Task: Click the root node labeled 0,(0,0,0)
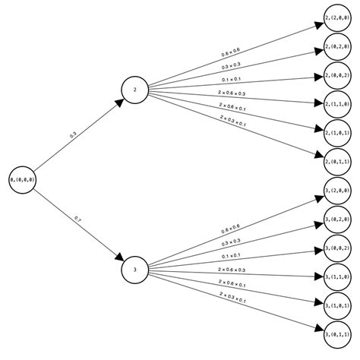coord(22,179)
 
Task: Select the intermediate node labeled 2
coord(134,90)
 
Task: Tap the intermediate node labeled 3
coord(134,269)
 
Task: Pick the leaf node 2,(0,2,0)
coord(336,47)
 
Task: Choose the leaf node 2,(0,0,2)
coord(336,75)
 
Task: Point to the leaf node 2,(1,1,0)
coord(336,104)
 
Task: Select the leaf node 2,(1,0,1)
coord(336,133)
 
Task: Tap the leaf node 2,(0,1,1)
coord(336,162)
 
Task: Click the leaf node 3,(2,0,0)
coord(336,191)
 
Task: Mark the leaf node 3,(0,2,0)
coord(336,219)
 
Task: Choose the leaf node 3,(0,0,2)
coord(336,248)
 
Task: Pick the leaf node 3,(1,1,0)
coord(336,277)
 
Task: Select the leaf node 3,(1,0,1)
coord(336,306)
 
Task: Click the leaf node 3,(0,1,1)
coord(336,335)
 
